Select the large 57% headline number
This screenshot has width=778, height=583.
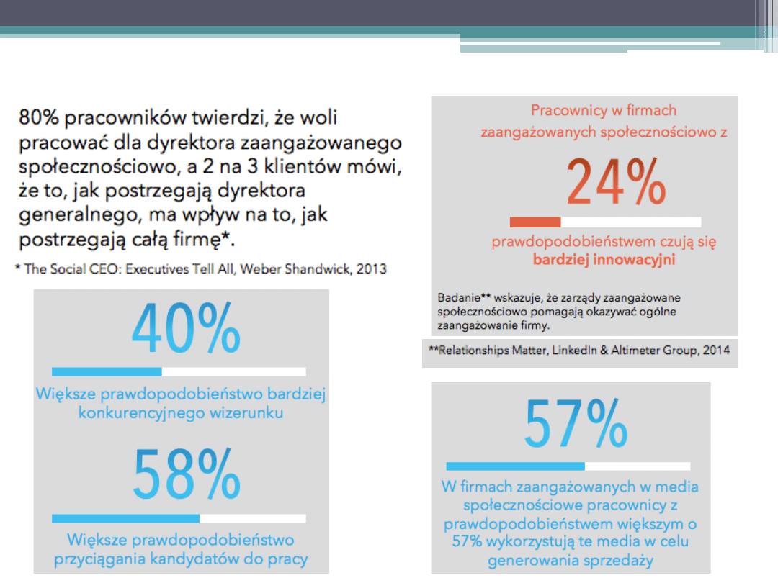pos(576,424)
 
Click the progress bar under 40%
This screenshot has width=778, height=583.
pos(179,371)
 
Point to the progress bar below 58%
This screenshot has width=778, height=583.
pos(179,518)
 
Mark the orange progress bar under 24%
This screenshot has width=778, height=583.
pos(605,222)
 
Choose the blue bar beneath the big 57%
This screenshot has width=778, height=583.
pos(568,466)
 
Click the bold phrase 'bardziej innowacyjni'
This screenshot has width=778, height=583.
pos(604,260)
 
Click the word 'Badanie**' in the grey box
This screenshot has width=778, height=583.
pos(462,297)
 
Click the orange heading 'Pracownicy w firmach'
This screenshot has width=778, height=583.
pos(604,111)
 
